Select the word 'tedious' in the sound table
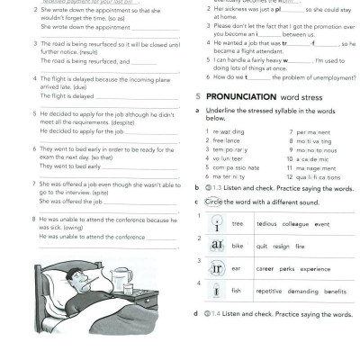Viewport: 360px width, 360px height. point(266,223)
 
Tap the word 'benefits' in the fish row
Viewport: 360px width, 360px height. point(335,292)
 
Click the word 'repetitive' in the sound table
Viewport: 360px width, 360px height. point(269,292)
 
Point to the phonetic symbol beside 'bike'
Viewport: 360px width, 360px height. point(216,246)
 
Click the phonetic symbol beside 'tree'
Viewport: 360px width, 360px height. point(216,222)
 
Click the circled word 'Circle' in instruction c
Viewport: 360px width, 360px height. point(212,202)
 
